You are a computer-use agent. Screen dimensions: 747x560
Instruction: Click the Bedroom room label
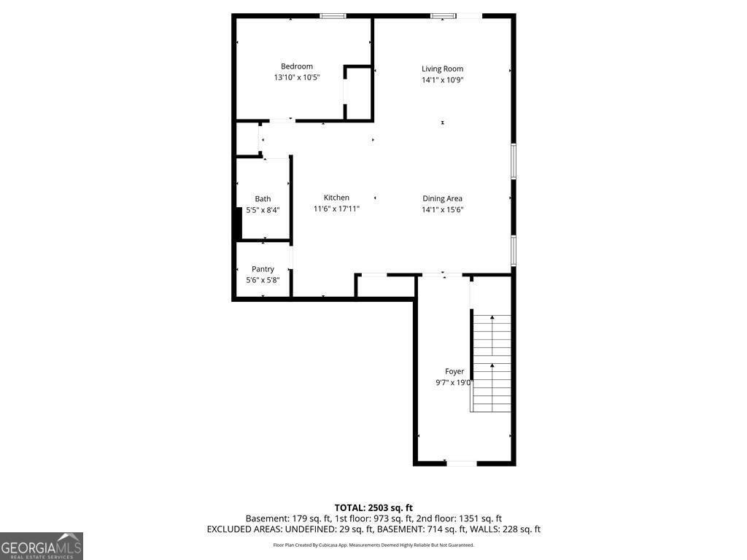[x=297, y=66]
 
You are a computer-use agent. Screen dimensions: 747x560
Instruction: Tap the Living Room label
[x=442, y=69]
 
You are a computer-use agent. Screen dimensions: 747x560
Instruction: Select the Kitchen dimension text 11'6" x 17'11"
[x=336, y=209]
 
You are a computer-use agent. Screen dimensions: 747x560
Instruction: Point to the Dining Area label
[x=442, y=198]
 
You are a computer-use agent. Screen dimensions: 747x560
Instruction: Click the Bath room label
[x=263, y=199]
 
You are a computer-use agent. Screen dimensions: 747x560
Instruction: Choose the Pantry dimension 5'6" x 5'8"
[x=263, y=280]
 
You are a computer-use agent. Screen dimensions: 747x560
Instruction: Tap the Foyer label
[x=454, y=371]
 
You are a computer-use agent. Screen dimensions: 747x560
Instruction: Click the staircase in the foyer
[x=491, y=363]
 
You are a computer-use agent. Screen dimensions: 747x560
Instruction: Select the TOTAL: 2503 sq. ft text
[x=373, y=507]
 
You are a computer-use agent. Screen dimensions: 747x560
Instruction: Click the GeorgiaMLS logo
[x=42, y=546]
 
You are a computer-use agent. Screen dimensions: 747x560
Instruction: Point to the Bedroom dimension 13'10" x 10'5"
[x=297, y=77]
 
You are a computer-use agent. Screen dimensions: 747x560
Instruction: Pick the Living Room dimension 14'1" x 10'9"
[x=442, y=79]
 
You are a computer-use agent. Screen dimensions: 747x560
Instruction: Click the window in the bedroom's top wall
[x=333, y=16]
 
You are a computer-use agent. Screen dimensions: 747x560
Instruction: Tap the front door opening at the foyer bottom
[x=461, y=463]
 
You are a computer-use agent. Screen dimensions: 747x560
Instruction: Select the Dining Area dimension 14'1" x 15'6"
[x=442, y=209]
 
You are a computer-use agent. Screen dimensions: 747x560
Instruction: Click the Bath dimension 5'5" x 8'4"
[x=263, y=209]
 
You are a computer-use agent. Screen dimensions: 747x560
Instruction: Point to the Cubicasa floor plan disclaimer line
[x=373, y=545]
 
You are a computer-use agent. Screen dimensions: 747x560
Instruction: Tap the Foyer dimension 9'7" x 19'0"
[x=454, y=382]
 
